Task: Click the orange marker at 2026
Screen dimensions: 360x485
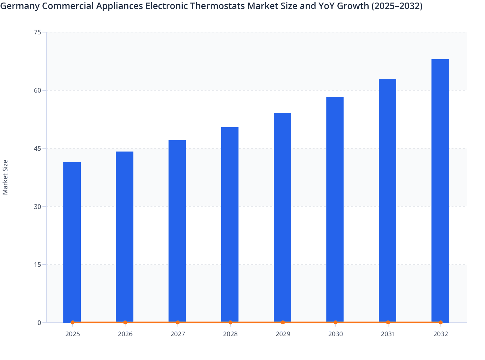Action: [x=125, y=322]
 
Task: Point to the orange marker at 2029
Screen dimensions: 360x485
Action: [x=283, y=322]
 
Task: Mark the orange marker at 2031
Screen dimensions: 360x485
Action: [x=388, y=322]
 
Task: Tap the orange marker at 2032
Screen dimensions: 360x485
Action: [x=441, y=322]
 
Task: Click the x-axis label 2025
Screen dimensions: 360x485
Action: [x=72, y=334]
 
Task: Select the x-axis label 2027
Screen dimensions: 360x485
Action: [x=178, y=334]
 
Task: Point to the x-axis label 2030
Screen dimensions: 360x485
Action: [x=335, y=334]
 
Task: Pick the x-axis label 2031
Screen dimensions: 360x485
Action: [x=388, y=334]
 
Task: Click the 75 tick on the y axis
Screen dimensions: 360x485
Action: [x=37, y=32]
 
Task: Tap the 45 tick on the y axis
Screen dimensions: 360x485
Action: [x=37, y=148]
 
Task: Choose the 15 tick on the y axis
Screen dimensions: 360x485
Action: [x=37, y=265]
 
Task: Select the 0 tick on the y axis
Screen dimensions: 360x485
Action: [x=39, y=323]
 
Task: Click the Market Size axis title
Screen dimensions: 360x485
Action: [x=5, y=177]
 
